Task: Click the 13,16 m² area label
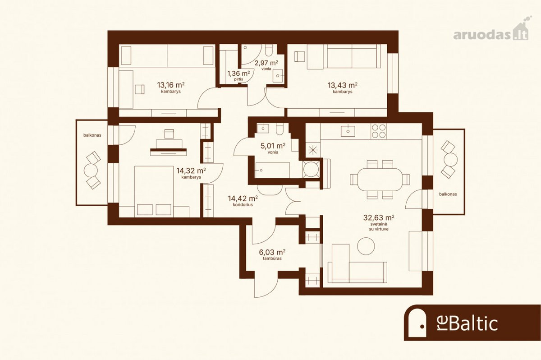[171, 88]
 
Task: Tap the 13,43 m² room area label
[343, 88]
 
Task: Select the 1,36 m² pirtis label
[238, 75]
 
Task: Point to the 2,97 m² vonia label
[266, 65]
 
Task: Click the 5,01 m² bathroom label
[273, 148]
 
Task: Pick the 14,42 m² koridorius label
[243, 201]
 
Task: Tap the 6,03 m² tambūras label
[272, 254]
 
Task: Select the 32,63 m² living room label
[379, 223]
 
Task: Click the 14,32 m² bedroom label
[191, 173]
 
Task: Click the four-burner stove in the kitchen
[379, 131]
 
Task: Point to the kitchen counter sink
[348, 131]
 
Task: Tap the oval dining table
[380, 180]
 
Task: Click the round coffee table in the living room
[366, 246]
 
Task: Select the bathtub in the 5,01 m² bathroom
[272, 170]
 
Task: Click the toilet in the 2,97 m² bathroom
[268, 50]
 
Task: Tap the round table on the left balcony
[91, 171]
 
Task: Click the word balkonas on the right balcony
[448, 194]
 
